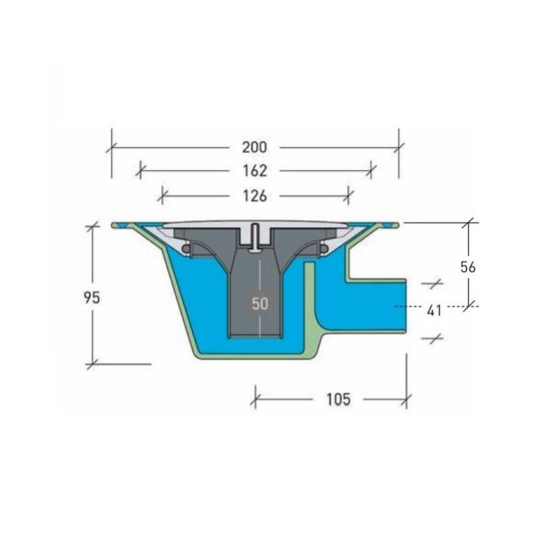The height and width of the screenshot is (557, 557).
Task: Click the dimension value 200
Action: pyautogui.click(x=254, y=147)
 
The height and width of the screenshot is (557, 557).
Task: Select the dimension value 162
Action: pyautogui.click(x=254, y=171)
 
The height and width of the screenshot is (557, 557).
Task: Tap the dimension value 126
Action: pyautogui.click(x=254, y=196)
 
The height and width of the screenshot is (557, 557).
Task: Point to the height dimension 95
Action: pyautogui.click(x=92, y=298)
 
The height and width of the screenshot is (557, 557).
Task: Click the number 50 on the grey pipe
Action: pyautogui.click(x=260, y=303)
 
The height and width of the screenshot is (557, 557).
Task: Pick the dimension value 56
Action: pyautogui.click(x=468, y=267)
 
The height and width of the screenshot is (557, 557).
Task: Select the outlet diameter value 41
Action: pyautogui.click(x=434, y=311)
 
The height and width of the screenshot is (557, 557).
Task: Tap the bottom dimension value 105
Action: pyautogui.click(x=338, y=399)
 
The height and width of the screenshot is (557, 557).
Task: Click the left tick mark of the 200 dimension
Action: pyautogui.click(x=111, y=147)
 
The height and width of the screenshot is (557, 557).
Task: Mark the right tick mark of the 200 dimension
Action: pyautogui.click(x=399, y=147)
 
